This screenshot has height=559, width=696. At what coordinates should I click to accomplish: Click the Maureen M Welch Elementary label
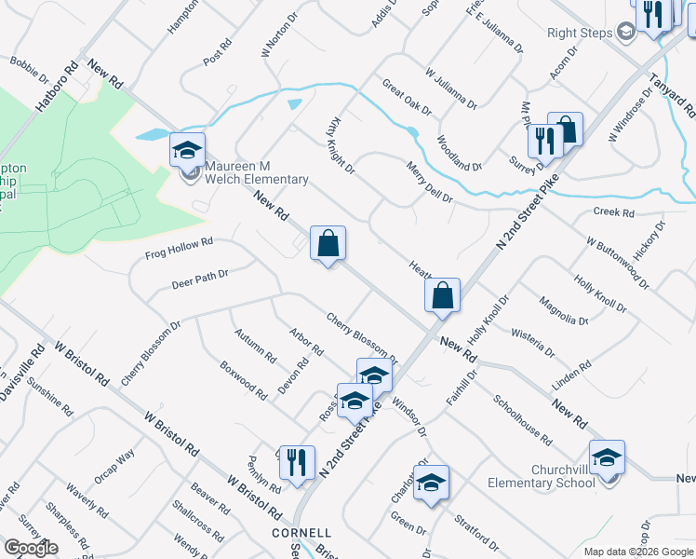256,172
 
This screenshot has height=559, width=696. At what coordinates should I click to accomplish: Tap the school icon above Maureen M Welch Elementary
187,149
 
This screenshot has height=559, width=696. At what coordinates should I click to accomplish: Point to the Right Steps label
578,33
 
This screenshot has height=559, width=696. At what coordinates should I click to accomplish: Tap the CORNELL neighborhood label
301,533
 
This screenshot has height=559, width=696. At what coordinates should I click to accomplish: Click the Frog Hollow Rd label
180,248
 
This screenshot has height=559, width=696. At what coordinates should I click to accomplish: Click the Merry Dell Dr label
429,183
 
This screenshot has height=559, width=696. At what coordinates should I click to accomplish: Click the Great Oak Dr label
408,97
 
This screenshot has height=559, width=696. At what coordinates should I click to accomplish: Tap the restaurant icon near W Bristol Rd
297,462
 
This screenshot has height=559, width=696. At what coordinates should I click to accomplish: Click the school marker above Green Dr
431,482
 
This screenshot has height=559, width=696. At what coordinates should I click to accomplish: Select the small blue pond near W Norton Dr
295,103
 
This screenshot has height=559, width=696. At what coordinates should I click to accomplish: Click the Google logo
31,548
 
